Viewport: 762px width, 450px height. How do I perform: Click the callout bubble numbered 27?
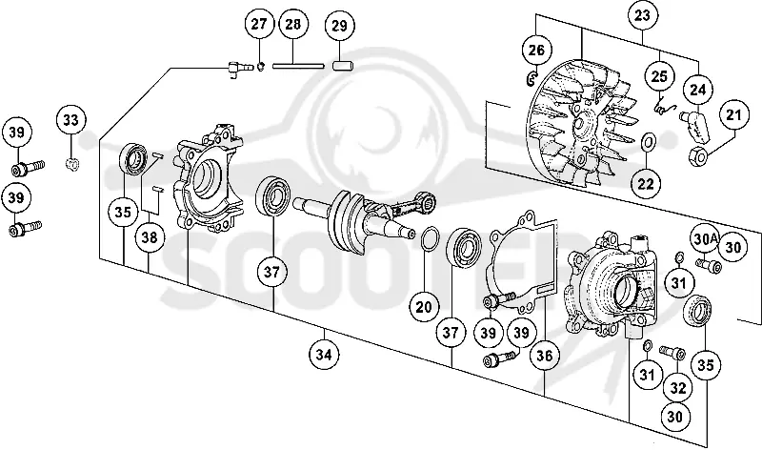[x=259, y=25]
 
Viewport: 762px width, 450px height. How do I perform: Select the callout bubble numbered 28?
[x=293, y=25]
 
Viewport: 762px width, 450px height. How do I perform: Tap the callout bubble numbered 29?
[x=339, y=26]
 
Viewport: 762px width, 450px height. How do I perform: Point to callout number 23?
[x=642, y=16]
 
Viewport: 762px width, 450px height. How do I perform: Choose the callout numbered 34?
[x=324, y=355]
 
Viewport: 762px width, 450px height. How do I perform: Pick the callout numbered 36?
[x=544, y=356]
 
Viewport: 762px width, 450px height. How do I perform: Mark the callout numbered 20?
[x=424, y=306]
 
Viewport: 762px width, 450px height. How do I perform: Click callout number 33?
[x=70, y=120]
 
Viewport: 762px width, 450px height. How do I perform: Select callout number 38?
[x=150, y=237]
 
